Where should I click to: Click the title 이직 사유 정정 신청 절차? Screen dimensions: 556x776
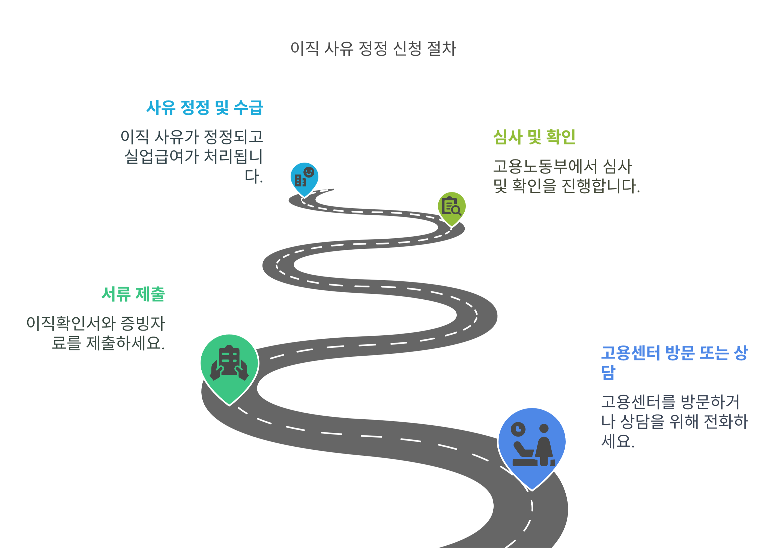point(373,49)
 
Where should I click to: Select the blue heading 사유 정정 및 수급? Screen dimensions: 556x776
point(205,108)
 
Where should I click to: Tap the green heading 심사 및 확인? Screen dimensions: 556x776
point(534,137)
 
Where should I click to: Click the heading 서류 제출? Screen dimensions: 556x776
point(133,294)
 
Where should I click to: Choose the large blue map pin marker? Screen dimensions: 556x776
point(532,444)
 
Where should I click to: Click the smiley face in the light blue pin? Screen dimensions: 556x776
point(309,172)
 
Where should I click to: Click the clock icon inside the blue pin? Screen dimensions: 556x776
point(518,429)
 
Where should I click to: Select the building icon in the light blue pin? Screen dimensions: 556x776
point(300,181)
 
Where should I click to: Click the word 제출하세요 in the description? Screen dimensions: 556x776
point(125,343)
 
